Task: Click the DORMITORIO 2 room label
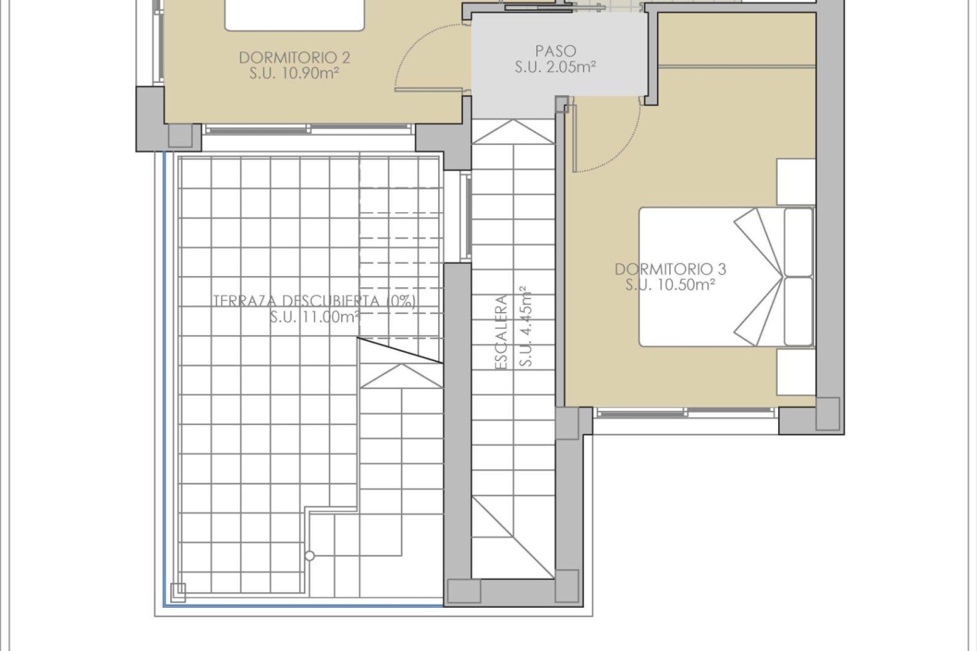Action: coord(294,57)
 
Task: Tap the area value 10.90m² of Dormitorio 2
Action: coord(294,73)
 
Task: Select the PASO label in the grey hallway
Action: coord(555,51)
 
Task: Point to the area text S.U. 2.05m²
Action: coord(555,67)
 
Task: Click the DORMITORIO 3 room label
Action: coord(670,269)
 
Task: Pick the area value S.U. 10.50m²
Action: coord(670,285)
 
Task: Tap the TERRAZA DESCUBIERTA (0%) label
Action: coord(314,301)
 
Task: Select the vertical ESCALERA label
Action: coord(502,332)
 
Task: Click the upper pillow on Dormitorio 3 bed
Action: coord(798,241)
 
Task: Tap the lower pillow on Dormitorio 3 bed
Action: coord(798,311)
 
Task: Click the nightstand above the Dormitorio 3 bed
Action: coord(795,182)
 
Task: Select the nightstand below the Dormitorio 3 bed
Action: coord(795,371)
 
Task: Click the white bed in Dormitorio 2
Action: coord(295,14)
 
